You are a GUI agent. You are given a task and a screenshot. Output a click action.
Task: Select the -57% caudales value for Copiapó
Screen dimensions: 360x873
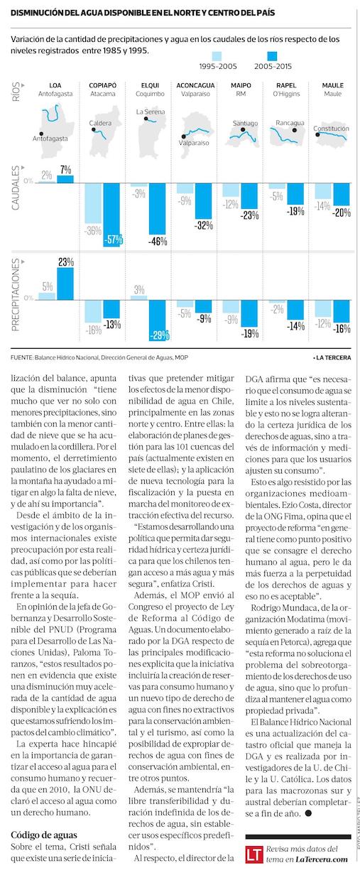pyautogui.click(x=114, y=239)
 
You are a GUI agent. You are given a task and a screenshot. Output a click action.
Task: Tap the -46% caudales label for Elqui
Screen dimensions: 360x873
pyautogui.click(x=158, y=241)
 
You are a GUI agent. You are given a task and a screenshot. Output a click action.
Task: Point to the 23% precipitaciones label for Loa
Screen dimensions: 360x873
pyautogui.click(x=66, y=262)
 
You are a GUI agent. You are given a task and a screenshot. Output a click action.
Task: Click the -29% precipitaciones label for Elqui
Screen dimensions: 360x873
pyautogui.click(x=159, y=335)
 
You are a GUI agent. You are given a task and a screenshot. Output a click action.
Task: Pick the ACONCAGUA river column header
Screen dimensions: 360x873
pyautogui.click(x=195, y=85)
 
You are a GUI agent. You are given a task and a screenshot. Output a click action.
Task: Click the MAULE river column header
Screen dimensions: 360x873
pyautogui.click(x=333, y=85)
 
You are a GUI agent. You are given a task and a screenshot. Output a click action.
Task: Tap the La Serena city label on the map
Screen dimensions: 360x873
pyautogui.click(x=151, y=112)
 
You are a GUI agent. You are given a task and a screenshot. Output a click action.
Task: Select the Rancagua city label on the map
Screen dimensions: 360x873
pyautogui.click(x=290, y=123)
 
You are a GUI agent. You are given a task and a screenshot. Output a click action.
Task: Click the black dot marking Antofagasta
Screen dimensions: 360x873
pyautogui.click(x=41, y=134)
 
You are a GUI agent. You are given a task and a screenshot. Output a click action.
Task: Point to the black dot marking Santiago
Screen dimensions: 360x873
pyautogui.click(x=243, y=129)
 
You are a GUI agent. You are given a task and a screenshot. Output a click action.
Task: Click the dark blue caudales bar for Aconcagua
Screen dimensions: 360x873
pyautogui.click(x=203, y=201)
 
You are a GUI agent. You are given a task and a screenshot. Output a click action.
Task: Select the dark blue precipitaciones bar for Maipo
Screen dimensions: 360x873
pyautogui.click(x=249, y=313)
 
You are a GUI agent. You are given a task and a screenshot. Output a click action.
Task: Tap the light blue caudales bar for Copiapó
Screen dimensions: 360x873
pyautogui.click(x=93, y=203)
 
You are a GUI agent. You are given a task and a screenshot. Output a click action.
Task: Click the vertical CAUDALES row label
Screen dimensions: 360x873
pyautogui.click(x=16, y=188)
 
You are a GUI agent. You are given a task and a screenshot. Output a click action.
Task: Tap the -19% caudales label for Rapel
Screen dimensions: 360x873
pyautogui.click(x=295, y=211)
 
